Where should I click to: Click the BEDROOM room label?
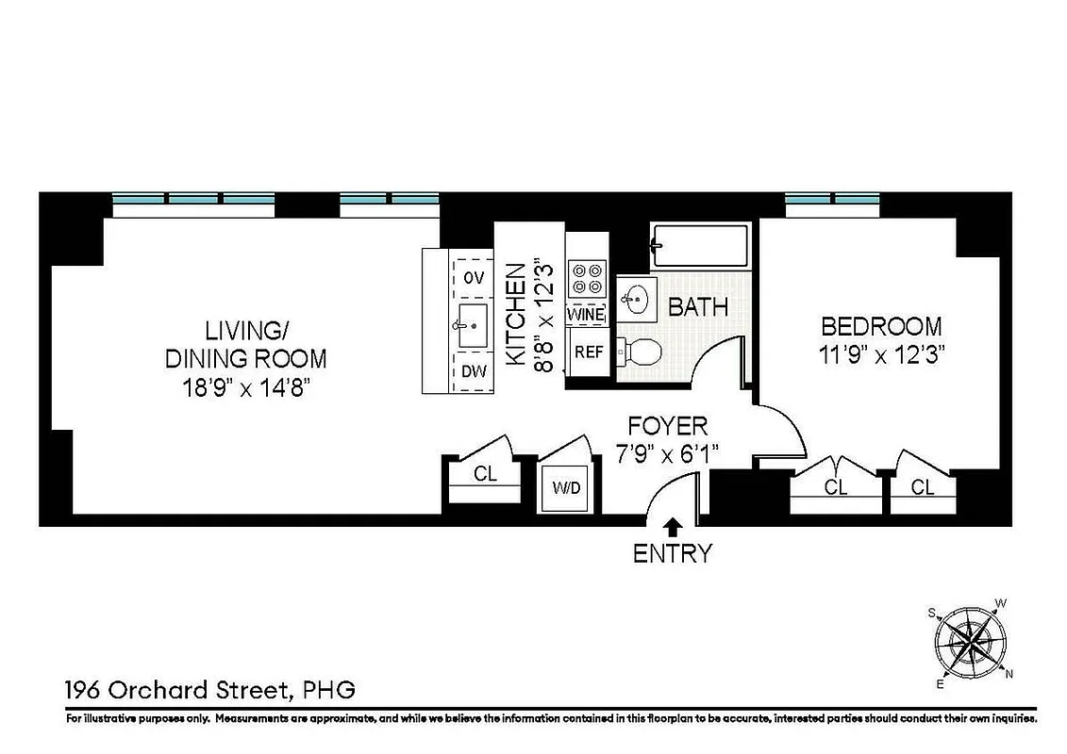(x=881, y=327)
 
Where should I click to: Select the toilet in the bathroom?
(x=642, y=352)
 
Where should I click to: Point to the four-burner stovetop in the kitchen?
(x=586, y=278)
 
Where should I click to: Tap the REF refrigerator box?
(x=589, y=352)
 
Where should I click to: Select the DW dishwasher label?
(x=474, y=371)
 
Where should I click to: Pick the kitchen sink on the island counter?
(x=472, y=323)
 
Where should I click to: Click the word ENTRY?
(x=673, y=553)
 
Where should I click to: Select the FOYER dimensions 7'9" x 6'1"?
(x=667, y=454)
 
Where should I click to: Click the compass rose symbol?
(x=971, y=643)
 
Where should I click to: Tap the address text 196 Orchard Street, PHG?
(x=209, y=690)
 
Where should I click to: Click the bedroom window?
(x=832, y=200)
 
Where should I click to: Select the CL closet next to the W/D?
(x=485, y=475)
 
